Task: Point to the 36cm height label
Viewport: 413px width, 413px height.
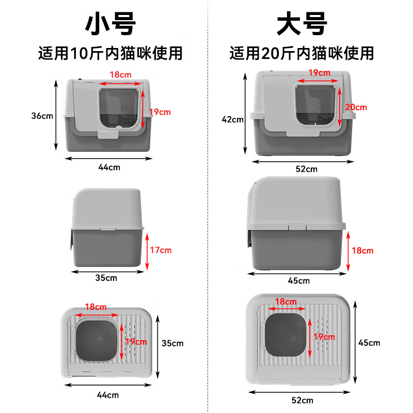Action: coord(42,116)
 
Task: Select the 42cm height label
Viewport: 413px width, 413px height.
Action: coord(232,119)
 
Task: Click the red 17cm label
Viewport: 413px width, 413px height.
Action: coord(160,250)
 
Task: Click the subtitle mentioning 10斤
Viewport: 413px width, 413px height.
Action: coord(110,53)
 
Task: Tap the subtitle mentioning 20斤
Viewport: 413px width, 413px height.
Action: coord(302,53)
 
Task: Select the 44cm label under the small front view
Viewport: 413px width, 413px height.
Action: coord(108,167)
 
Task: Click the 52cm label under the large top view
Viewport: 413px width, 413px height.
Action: coord(302,400)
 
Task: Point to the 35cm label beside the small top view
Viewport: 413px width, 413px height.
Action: coord(172,343)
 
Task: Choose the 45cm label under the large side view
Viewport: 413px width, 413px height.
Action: coord(299,281)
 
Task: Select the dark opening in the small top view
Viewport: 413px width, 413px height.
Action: coord(97,340)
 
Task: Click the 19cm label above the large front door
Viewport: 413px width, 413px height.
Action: coord(319,73)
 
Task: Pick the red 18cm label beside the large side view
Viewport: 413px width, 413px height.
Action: coord(362,250)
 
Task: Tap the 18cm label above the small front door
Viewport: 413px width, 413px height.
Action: coord(120,75)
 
